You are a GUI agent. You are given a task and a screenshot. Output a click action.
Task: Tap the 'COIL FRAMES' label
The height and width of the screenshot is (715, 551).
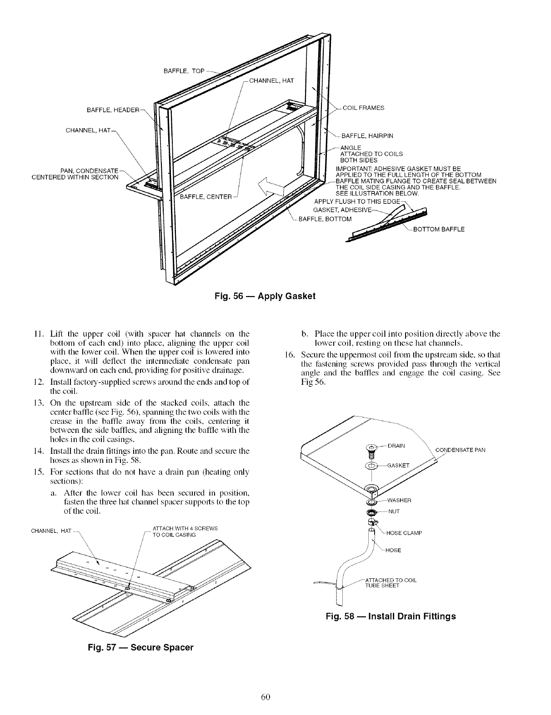pos(363,108)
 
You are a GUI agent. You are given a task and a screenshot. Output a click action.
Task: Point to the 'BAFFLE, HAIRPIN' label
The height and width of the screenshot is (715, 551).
pos(367,135)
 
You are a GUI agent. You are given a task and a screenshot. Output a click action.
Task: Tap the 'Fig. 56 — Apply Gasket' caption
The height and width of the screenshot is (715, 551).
pos(265,296)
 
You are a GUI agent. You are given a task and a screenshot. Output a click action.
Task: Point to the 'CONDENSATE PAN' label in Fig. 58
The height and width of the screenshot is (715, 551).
pos(461,450)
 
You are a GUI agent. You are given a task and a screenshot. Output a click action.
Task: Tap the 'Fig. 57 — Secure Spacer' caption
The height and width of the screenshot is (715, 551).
pos(141,647)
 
